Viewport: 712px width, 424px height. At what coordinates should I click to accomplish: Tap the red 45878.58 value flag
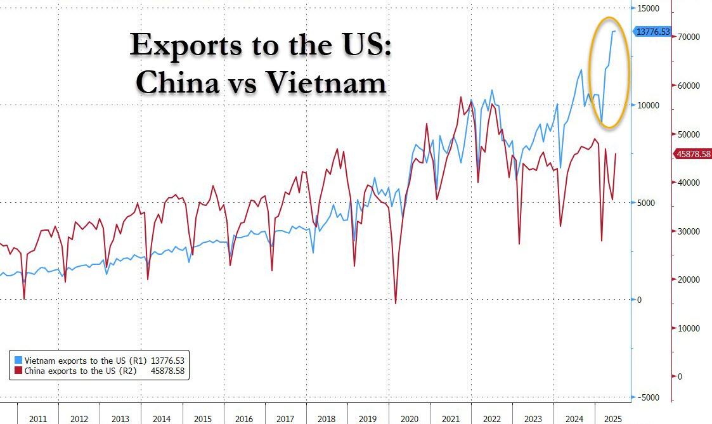click(693, 153)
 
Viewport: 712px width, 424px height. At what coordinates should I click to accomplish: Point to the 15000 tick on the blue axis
click(648, 8)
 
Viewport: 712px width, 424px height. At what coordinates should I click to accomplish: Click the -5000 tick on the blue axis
click(648, 397)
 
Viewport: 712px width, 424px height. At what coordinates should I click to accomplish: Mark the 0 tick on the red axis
click(680, 377)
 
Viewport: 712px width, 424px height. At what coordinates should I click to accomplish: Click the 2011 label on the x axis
click(38, 419)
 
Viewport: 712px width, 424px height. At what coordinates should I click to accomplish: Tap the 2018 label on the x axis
click(326, 419)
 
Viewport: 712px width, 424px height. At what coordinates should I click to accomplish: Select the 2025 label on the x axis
click(613, 419)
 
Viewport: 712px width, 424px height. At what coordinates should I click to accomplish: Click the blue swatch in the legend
click(18, 360)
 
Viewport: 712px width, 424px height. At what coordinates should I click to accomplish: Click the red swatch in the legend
click(18, 371)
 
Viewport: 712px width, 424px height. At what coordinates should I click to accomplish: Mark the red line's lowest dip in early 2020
click(396, 303)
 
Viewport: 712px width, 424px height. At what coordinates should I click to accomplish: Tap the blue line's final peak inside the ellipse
click(614, 30)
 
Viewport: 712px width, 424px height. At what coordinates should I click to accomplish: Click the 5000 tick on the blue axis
click(647, 203)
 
